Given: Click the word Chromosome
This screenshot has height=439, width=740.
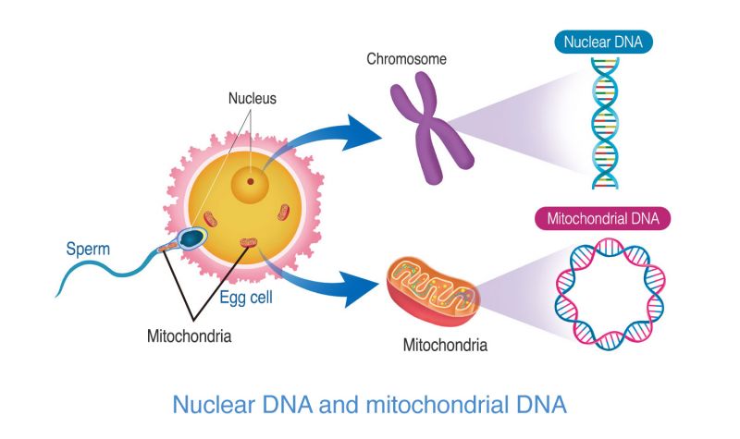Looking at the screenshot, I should (x=407, y=60).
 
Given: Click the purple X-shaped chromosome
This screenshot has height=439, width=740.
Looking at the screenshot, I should (x=425, y=129).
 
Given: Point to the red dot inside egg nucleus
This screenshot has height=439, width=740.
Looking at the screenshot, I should (x=249, y=181).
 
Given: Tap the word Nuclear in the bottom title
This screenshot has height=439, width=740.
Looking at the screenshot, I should (x=213, y=404).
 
